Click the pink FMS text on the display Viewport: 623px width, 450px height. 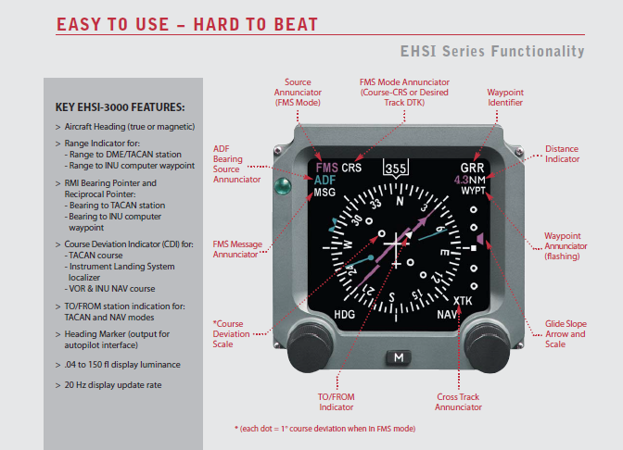tap(325, 169)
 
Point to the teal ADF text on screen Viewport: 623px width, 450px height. tap(325, 181)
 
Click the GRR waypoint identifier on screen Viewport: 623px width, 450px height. tap(473, 169)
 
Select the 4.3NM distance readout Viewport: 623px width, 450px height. tap(470, 180)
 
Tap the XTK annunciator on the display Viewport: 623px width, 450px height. tap(463, 300)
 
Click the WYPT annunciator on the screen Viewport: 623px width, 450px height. tap(472, 192)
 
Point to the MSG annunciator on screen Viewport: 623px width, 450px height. tap(324, 194)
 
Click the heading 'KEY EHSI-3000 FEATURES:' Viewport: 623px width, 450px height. tap(120, 107)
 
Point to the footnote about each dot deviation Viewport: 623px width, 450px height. tap(324, 429)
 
